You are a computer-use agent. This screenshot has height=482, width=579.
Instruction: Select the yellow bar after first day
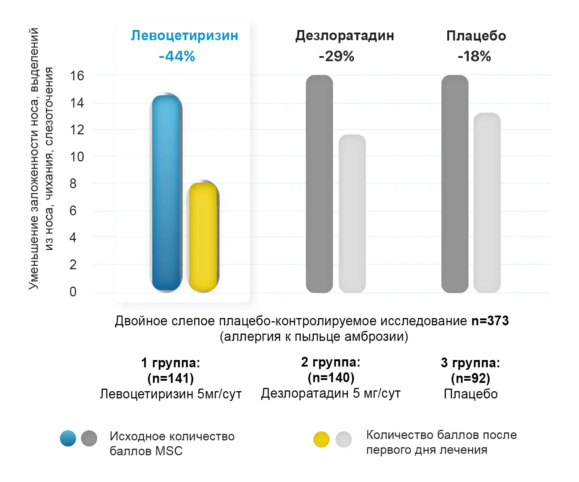tap(203, 237)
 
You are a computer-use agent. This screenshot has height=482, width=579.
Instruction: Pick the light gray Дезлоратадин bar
tap(352, 213)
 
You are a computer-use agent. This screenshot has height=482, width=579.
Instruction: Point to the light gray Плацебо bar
tap(487, 203)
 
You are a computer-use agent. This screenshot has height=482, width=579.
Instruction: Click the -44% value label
tap(177, 56)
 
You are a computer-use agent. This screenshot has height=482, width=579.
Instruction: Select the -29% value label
tap(336, 56)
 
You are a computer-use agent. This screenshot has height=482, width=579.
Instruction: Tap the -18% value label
tap(474, 56)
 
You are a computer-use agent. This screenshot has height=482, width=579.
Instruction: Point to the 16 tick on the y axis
tap(77, 76)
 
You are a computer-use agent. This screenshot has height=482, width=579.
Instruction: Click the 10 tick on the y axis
tap(77, 157)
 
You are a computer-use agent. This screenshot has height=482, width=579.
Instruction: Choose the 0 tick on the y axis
tap(73, 292)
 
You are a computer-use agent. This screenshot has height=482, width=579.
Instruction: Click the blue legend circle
tap(68, 438)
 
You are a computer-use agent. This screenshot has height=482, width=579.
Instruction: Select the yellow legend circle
tap(321, 439)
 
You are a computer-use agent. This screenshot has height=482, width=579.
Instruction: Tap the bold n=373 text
tap(490, 321)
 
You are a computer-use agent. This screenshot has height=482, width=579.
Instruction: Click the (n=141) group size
tap(170, 378)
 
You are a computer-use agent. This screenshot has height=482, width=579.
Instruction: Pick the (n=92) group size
tap(470, 378)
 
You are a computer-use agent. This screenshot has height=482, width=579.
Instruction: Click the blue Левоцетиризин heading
tap(185, 35)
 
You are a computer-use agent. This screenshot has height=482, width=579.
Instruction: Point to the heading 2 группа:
tap(331, 362)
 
